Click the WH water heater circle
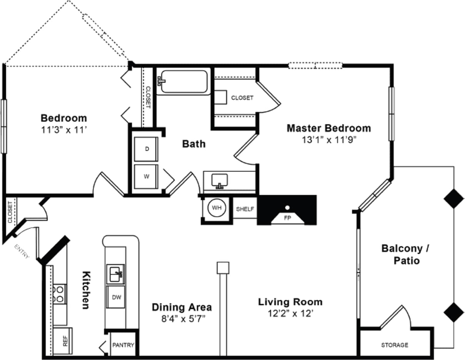(217, 208)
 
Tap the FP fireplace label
(287, 217)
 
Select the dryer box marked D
(147, 148)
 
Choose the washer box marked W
(146, 177)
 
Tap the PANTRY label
(123, 345)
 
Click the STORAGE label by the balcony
(395, 345)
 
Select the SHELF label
(245, 209)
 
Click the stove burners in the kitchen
(60, 294)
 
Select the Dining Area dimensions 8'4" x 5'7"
(181, 318)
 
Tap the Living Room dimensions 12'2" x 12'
(291, 313)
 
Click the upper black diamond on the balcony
(453, 198)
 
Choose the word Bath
(194, 144)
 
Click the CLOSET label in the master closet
(242, 98)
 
